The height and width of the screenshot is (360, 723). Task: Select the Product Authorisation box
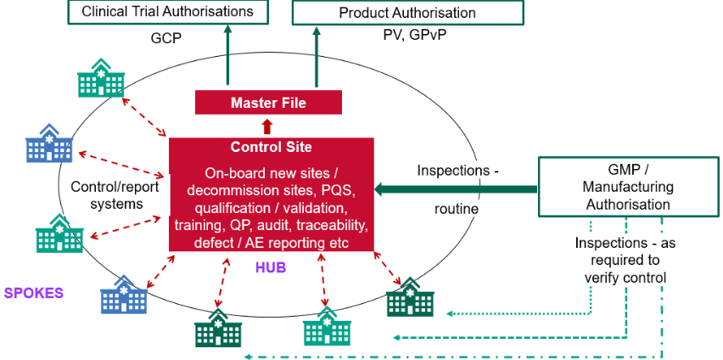406,13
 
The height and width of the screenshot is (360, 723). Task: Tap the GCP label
166,38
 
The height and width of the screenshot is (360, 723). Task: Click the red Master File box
268,103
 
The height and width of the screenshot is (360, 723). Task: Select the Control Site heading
271,147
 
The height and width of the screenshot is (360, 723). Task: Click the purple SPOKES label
33,293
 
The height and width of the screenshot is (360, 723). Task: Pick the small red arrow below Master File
268,127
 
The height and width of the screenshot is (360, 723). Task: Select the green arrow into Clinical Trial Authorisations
227,55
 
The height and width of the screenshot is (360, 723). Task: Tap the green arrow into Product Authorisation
317,55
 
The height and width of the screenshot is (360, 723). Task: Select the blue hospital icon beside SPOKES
124,295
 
